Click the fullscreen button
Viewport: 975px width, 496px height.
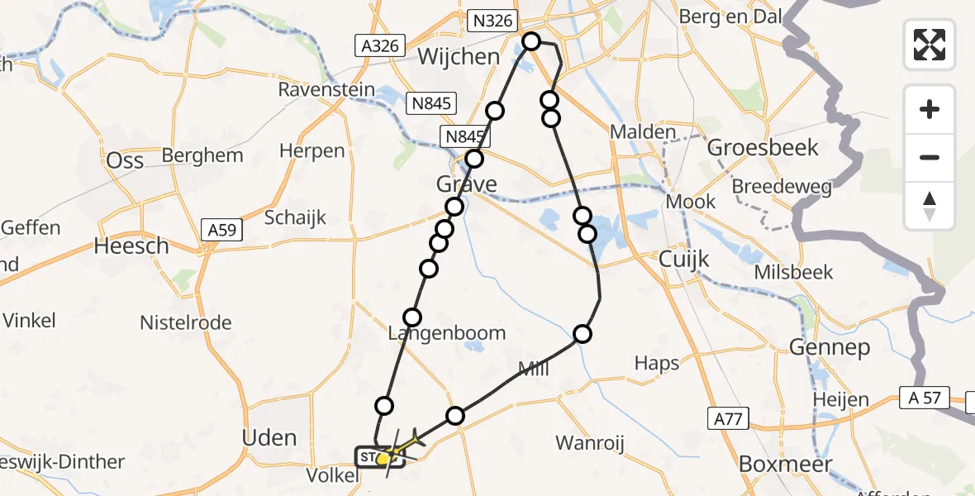[x=930, y=45]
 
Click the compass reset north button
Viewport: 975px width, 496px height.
[x=930, y=207]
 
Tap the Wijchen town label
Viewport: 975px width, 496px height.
[x=459, y=57]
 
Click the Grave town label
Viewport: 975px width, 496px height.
[x=468, y=183]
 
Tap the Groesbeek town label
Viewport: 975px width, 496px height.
[x=763, y=148]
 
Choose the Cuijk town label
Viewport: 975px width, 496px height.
[x=684, y=259]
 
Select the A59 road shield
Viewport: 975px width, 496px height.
[x=223, y=232]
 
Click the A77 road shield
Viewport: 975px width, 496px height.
[x=729, y=421]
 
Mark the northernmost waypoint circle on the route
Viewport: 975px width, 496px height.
[x=530, y=41]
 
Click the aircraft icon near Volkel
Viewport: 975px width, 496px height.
[x=407, y=438]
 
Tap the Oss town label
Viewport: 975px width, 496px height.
[x=126, y=160]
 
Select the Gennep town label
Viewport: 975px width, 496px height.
[x=830, y=348]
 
